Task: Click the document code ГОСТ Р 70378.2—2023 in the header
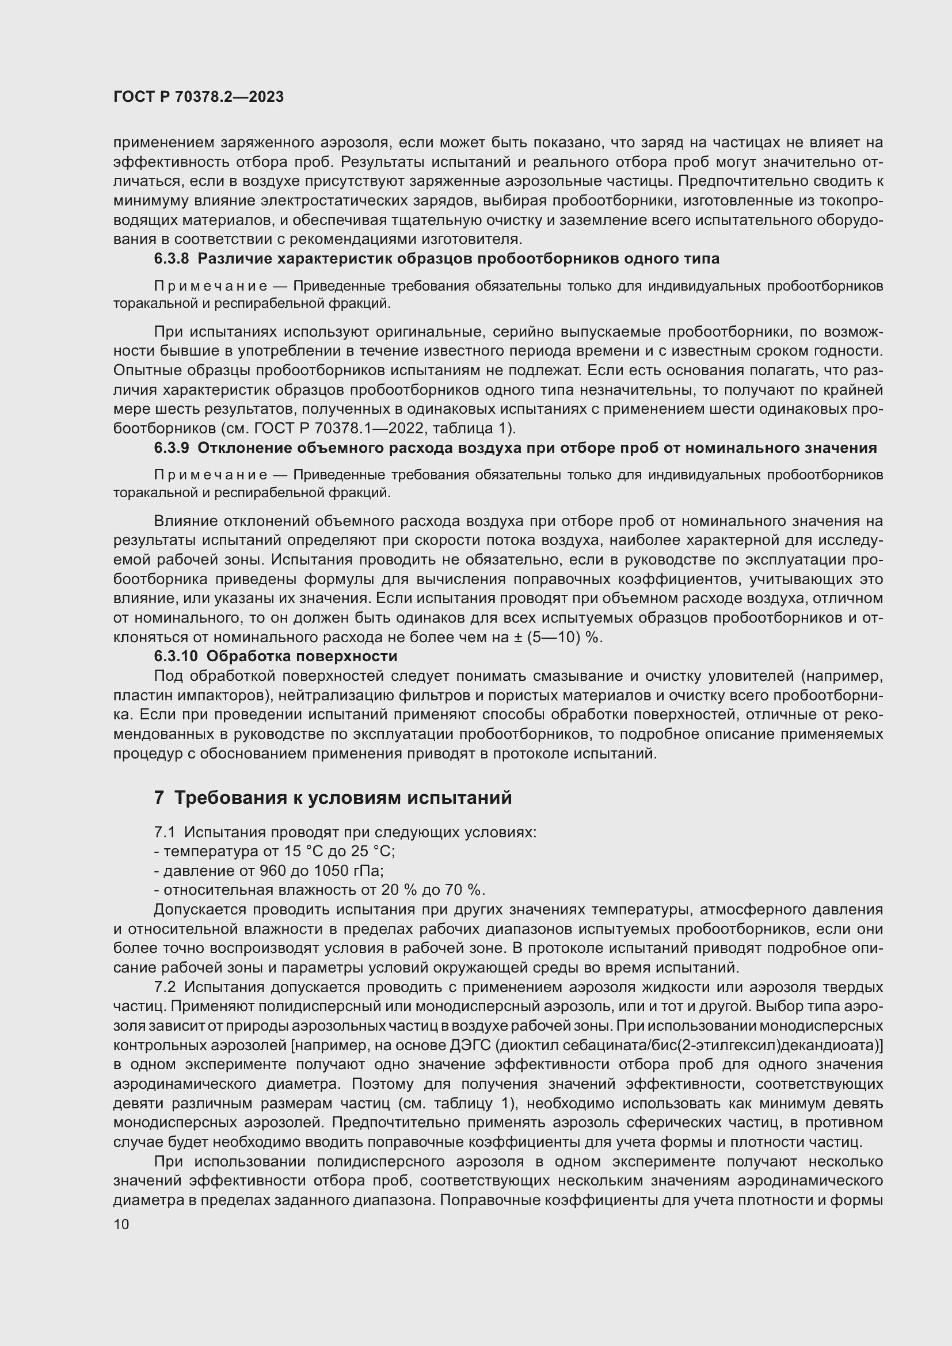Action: click(x=198, y=97)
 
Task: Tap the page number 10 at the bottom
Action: click(x=121, y=1224)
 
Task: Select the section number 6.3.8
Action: click(x=171, y=258)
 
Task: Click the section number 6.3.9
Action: click(x=171, y=448)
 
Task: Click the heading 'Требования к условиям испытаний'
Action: click(x=343, y=798)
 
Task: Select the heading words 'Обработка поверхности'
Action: click(x=302, y=655)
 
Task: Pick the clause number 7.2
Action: click(x=165, y=987)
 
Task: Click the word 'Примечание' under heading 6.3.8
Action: click(x=211, y=286)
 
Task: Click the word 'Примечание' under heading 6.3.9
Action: click(x=211, y=475)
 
